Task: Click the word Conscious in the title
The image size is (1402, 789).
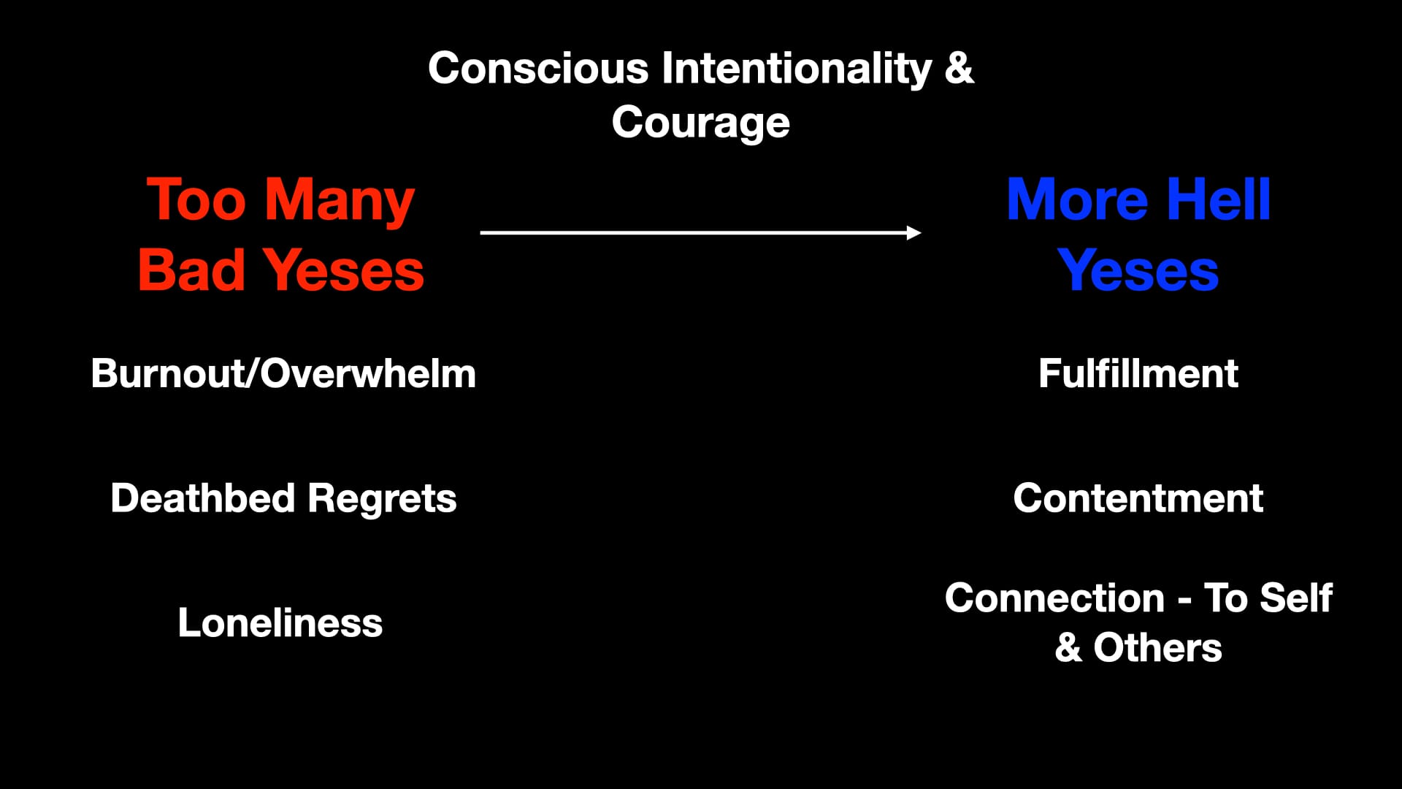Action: (x=538, y=68)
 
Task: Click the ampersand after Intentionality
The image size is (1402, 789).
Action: (x=959, y=68)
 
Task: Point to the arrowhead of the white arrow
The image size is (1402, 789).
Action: (x=914, y=232)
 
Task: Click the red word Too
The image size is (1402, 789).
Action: (x=196, y=199)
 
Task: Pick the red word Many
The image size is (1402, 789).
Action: (x=340, y=202)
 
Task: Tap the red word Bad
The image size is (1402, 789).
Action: (x=191, y=270)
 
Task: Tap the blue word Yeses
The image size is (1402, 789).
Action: (x=1138, y=270)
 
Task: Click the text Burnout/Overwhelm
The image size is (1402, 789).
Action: (x=283, y=373)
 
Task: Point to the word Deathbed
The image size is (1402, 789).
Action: (x=202, y=498)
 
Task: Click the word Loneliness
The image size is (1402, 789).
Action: (x=280, y=623)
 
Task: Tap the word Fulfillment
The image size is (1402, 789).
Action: (x=1138, y=373)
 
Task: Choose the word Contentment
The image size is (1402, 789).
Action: (x=1138, y=498)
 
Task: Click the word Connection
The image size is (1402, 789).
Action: (x=1054, y=598)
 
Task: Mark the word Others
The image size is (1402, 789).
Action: (x=1157, y=648)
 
